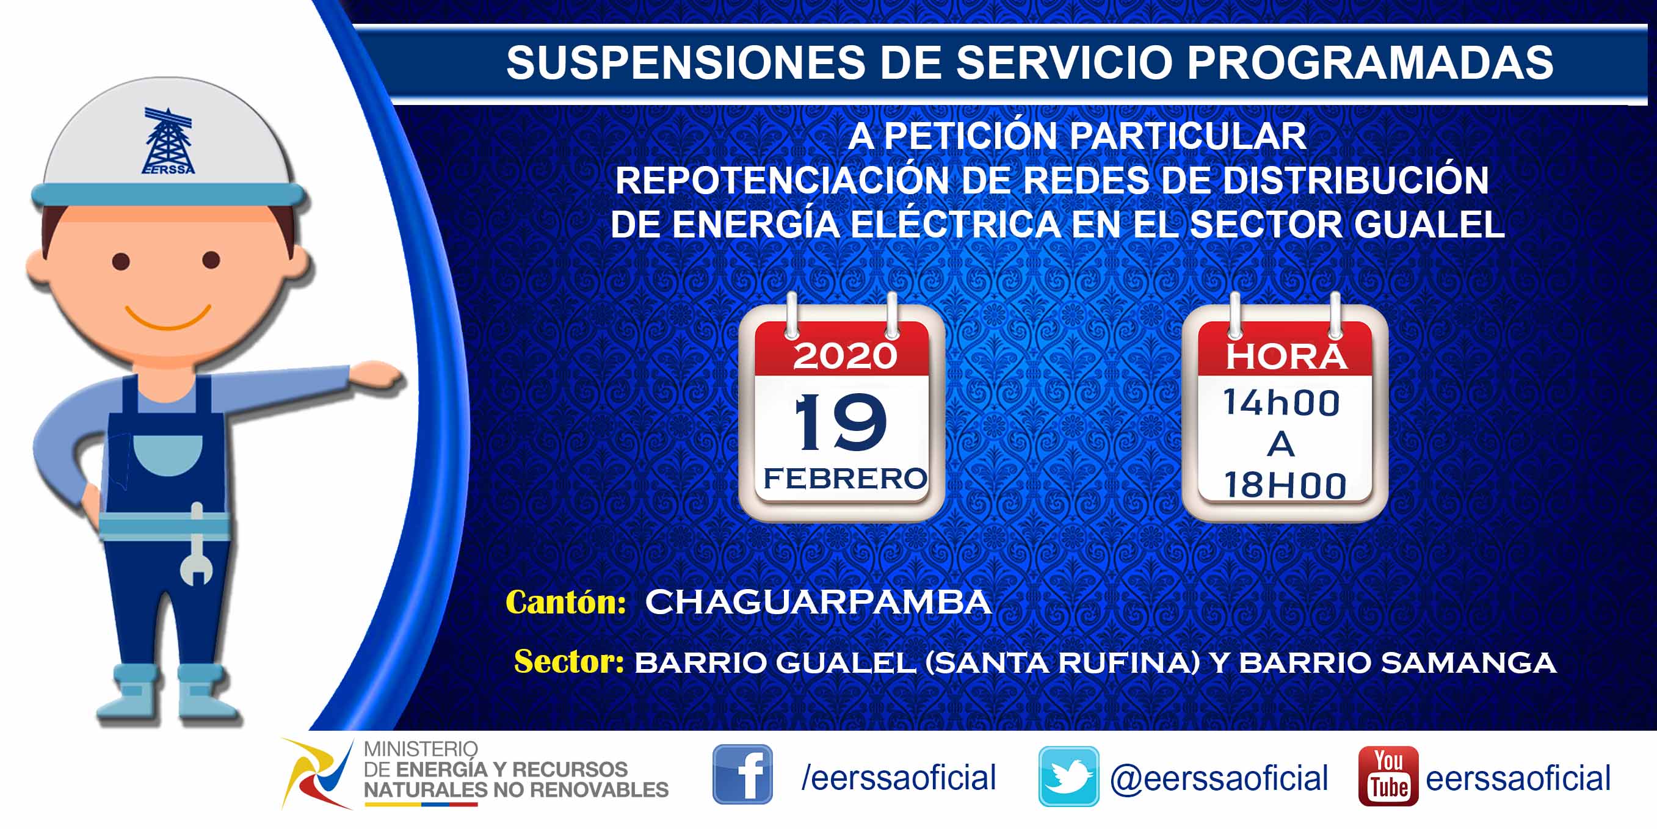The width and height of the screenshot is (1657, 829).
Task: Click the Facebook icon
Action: tap(742, 774)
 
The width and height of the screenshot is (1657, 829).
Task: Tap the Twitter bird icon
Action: tap(1068, 777)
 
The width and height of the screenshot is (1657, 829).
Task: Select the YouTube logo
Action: tap(1388, 776)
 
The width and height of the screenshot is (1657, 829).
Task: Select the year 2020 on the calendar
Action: tap(844, 356)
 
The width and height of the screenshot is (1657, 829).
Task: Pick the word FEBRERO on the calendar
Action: tap(844, 479)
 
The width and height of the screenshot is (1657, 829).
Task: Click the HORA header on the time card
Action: tap(1286, 357)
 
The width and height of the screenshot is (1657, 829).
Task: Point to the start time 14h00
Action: tap(1281, 404)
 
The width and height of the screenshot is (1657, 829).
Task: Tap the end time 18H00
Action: tap(1285, 485)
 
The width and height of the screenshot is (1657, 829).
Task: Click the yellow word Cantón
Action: tap(565, 603)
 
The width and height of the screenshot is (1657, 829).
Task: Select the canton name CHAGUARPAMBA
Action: tap(818, 602)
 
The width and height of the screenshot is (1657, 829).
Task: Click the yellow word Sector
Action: tap(569, 662)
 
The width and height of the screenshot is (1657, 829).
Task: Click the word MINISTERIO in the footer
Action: tap(421, 749)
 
